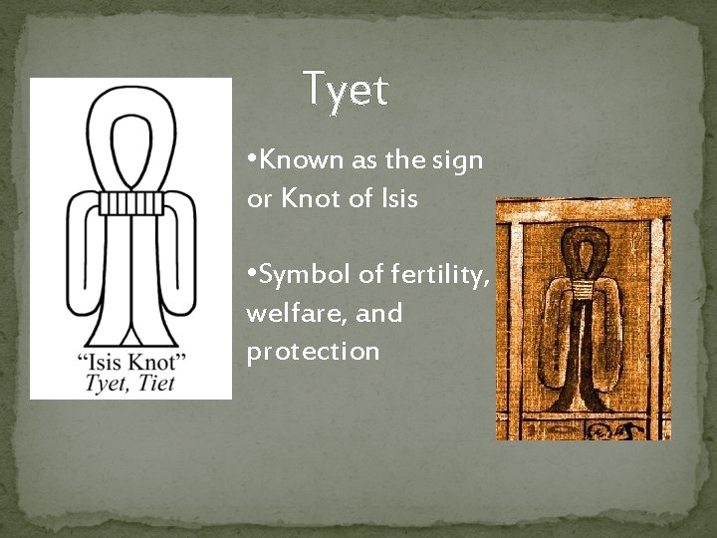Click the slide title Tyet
tap(345, 91)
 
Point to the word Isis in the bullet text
tap(396, 198)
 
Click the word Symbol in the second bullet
tap(298, 274)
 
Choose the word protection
tap(313, 352)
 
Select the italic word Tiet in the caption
tap(158, 380)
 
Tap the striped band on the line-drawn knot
tap(130, 203)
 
